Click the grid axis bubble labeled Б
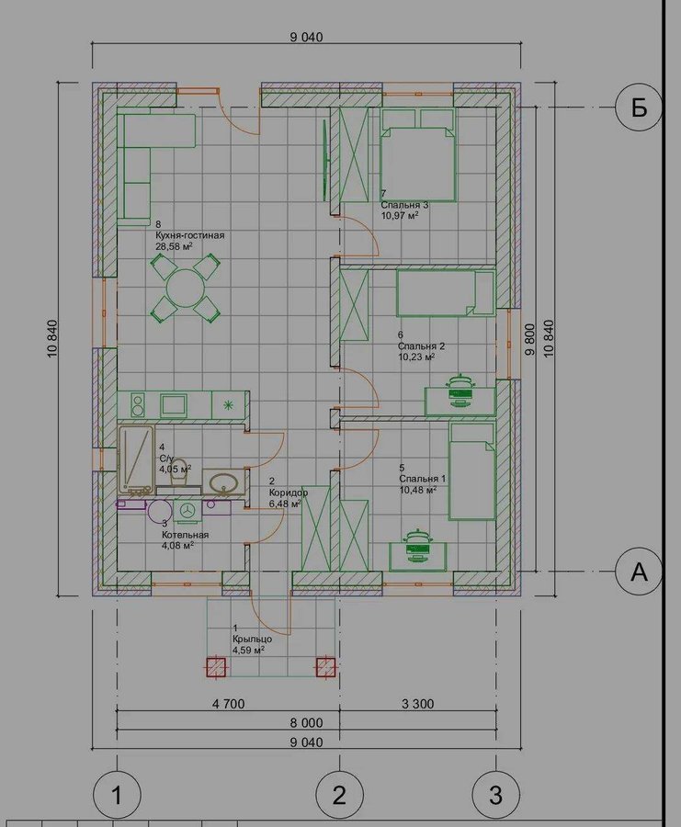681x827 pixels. [639, 108]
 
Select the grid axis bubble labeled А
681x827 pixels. [639, 572]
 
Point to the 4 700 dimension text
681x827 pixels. [228, 704]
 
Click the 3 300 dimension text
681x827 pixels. [418, 704]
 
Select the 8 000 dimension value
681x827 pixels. [306, 722]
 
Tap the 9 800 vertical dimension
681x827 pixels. [531, 340]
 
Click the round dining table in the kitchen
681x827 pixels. [185, 288]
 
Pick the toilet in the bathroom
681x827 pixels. [180, 471]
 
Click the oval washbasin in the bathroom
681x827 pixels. [224, 482]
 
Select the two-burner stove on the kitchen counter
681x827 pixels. [138, 405]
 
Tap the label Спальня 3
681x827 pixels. [404, 205]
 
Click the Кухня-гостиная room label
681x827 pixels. [190, 235]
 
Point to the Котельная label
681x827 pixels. [185, 535]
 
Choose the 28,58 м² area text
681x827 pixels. [174, 245]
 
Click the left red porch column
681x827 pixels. [215, 667]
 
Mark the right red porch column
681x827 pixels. [326, 667]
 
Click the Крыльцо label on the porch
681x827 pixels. [252, 639]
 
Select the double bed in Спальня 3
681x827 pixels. [418, 154]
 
